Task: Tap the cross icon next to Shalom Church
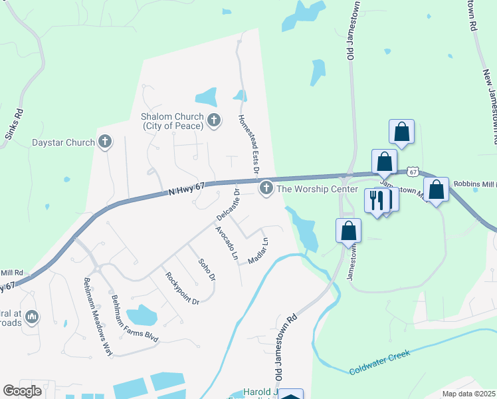[213, 120]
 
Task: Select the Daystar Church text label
[64, 142]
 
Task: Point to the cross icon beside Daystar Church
[104, 142]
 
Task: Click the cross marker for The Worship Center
[266, 188]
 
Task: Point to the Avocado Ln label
[226, 242]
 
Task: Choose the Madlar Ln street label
[258, 250]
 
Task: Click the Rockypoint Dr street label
[183, 288]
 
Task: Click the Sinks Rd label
[14, 124]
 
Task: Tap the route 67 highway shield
[413, 172]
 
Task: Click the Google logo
[22, 391]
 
